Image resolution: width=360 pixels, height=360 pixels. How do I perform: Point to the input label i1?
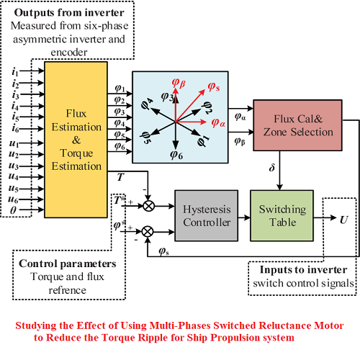tap(15, 73)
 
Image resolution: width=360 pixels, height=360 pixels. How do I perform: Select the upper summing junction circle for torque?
tap(150, 204)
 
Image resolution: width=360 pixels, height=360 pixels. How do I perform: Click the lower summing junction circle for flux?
tap(150, 231)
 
